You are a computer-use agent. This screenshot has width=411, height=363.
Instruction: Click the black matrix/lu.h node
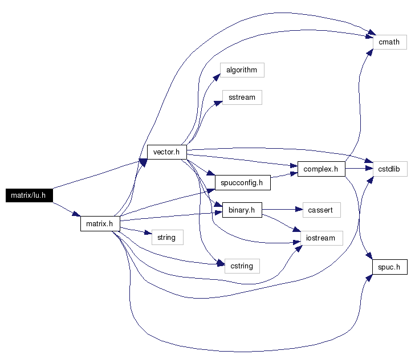tap(29, 195)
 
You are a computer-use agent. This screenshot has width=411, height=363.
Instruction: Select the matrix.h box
tap(100, 223)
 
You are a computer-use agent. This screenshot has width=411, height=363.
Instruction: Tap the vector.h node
tap(167, 152)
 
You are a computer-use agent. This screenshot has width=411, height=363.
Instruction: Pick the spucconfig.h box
tap(242, 183)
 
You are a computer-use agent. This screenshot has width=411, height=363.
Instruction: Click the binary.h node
tap(242, 210)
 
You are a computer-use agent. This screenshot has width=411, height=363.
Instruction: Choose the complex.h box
tap(322, 169)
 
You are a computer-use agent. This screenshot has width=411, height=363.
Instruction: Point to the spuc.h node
tap(390, 267)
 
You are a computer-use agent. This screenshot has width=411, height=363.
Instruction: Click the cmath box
tap(390, 42)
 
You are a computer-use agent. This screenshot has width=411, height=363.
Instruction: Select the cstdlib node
tap(390, 169)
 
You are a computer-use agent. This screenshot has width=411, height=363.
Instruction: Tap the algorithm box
tap(242, 70)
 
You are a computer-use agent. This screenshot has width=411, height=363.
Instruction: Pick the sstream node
tap(242, 97)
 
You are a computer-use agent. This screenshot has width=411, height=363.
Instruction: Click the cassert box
tap(322, 210)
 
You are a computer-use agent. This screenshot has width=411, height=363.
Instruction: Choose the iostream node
tap(322, 238)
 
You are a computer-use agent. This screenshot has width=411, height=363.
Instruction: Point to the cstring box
tap(242, 266)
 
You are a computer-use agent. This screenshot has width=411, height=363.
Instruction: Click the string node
tap(168, 238)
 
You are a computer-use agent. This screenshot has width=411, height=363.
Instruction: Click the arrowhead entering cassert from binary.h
tap(299, 209)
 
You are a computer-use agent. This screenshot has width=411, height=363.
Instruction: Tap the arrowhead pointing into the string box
tap(148, 232)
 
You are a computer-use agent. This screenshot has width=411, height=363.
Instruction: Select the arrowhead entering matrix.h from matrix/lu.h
tap(76, 214)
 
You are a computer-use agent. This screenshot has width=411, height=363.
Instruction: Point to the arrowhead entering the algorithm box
tap(217, 78)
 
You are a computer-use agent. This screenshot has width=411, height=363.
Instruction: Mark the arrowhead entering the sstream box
tap(218, 103)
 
